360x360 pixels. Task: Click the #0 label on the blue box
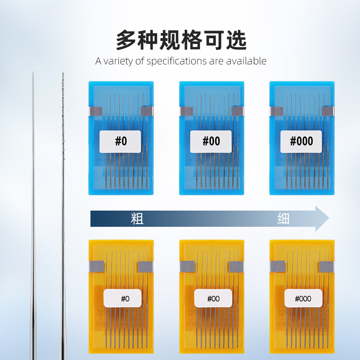tap(121, 141)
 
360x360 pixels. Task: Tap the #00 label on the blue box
tap(211, 141)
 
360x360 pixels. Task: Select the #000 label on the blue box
tap(301, 141)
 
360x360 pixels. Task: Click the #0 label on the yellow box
tap(122, 298)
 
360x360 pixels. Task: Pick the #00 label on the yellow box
tap(213, 298)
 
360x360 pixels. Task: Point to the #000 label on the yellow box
tap(303, 298)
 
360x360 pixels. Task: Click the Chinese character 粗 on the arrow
tap(137, 219)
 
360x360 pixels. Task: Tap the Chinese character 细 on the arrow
tap(283, 219)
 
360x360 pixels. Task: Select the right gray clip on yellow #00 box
tap(236, 267)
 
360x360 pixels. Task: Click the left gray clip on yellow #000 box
tap(277, 267)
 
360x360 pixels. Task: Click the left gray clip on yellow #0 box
tap(96, 267)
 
